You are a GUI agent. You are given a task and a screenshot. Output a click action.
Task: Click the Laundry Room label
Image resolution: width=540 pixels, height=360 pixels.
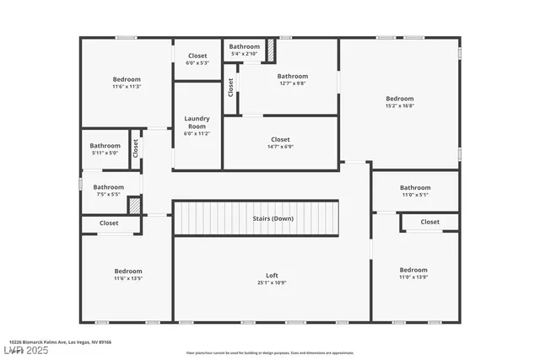click(197, 122)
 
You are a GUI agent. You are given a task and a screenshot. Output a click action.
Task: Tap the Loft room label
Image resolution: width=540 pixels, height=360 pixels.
click(272, 276)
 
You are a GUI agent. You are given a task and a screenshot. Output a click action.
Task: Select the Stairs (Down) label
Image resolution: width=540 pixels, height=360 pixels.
click(273, 218)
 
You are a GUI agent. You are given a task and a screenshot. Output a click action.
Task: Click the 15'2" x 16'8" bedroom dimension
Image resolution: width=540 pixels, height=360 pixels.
click(399, 106)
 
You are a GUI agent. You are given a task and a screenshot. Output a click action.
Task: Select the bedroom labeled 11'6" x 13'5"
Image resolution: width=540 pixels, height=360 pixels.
click(128, 275)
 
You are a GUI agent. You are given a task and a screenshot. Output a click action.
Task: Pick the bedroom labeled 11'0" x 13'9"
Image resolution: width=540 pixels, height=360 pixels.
click(413, 274)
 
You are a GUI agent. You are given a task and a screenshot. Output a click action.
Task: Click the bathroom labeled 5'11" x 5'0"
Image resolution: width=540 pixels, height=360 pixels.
click(105, 149)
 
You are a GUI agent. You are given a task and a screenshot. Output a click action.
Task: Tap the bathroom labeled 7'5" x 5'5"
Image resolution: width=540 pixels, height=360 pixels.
click(108, 191)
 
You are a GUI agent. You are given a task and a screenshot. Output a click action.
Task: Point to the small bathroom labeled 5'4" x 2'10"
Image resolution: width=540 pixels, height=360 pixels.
click(245, 50)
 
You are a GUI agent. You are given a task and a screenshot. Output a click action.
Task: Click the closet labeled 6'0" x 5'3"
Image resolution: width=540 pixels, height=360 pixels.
click(197, 59)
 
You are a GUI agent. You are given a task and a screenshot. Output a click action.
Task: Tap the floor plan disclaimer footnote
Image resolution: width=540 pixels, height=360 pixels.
click(270, 352)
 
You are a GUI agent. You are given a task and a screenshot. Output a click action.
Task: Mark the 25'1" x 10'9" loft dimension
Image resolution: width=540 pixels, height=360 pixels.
click(272, 282)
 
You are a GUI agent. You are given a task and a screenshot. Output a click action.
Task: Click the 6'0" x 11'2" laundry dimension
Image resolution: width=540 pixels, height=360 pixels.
click(197, 133)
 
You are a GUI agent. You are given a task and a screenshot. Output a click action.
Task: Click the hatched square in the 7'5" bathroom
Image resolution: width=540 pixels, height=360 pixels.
click(133, 204)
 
